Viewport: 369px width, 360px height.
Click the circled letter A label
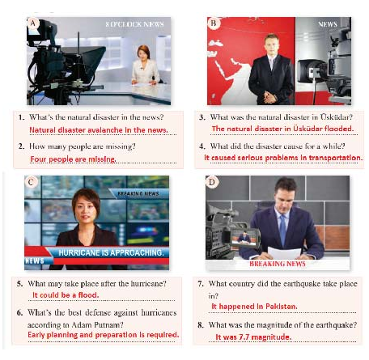pos(33,23)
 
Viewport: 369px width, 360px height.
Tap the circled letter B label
pos(213,23)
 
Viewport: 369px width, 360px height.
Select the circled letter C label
pos(31,182)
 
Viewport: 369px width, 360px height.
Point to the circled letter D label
pos(212,182)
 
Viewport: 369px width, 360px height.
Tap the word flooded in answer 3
pos(339,129)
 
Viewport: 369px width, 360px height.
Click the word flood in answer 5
pos(88,295)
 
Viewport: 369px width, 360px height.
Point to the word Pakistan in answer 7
pos(282,307)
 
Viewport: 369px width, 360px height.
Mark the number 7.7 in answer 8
pos(244,337)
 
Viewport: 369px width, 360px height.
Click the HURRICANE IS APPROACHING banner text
pos(111,252)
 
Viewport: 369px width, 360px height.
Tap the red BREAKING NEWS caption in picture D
pos(278,264)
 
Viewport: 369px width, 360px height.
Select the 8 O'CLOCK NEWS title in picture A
pos(135,24)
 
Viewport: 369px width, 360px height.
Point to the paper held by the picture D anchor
pos(284,253)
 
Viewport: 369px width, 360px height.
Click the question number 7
pos(201,284)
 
